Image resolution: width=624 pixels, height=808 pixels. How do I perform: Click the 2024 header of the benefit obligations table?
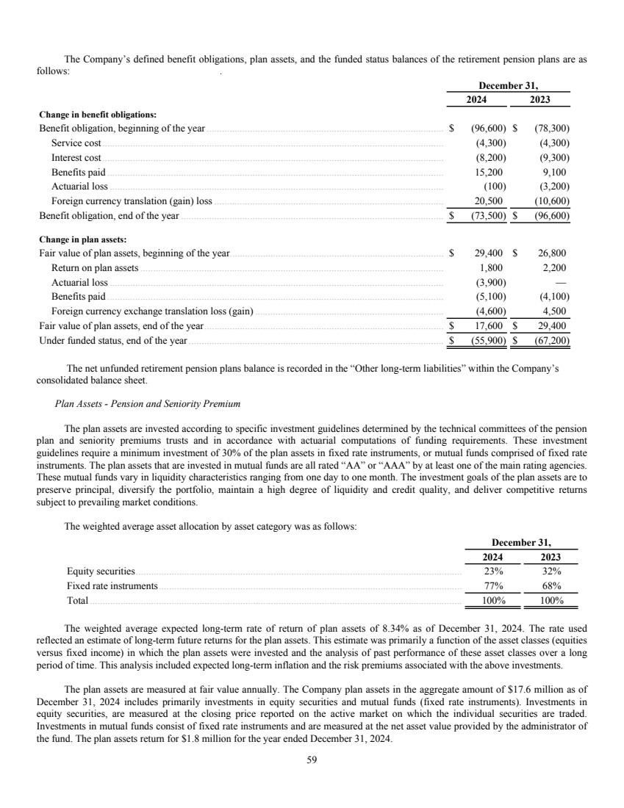(x=479, y=100)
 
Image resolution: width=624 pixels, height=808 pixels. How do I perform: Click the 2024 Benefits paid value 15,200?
(x=489, y=172)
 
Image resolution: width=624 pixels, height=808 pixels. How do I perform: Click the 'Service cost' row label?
(x=76, y=143)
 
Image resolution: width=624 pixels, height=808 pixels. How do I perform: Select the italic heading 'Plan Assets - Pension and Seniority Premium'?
(x=147, y=403)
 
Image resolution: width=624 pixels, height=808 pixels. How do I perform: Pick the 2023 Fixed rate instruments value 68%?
(x=551, y=585)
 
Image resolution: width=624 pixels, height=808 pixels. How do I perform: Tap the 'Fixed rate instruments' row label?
(x=112, y=585)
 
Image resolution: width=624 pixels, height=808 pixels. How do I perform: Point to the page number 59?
(x=312, y=760)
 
